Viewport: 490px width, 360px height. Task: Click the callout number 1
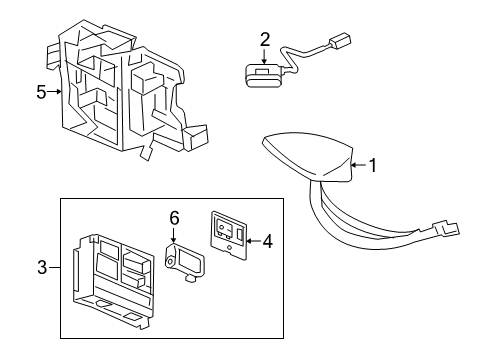(373, 166)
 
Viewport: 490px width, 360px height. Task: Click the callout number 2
(265, 40)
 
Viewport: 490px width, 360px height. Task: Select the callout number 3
(41, 268)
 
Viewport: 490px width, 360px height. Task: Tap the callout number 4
(267, 240)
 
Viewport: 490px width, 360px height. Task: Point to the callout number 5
(41, 92)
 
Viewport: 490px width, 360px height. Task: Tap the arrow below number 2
(265, 57)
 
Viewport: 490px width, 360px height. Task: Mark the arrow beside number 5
(56, 92)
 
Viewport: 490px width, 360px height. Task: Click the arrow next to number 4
(252, 240)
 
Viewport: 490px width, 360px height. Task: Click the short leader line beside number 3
(54, 268)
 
